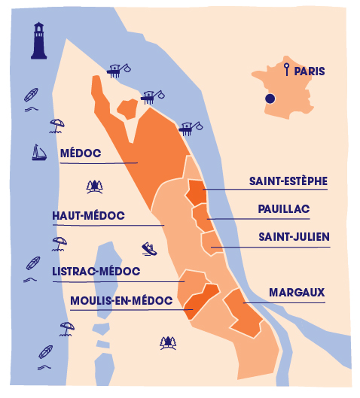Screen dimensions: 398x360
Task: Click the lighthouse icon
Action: coord(38,41)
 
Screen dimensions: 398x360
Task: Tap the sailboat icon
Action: coord(38,153)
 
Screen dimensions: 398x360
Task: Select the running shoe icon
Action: coord(148,248)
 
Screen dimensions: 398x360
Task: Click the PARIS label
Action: coord(310,71)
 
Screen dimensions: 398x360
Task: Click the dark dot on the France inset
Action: coord(270,99)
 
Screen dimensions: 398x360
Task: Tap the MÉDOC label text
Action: coord(80,154)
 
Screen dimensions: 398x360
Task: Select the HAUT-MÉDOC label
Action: coord(88,216)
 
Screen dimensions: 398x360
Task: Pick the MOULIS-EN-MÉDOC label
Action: coord(121,301)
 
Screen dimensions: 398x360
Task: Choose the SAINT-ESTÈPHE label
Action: coord(288,181)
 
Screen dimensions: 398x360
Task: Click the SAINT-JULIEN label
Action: coord(294,237)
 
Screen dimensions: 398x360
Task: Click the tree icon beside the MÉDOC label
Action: coord(94,184)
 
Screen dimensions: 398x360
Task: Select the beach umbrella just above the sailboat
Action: coord(56,124)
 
